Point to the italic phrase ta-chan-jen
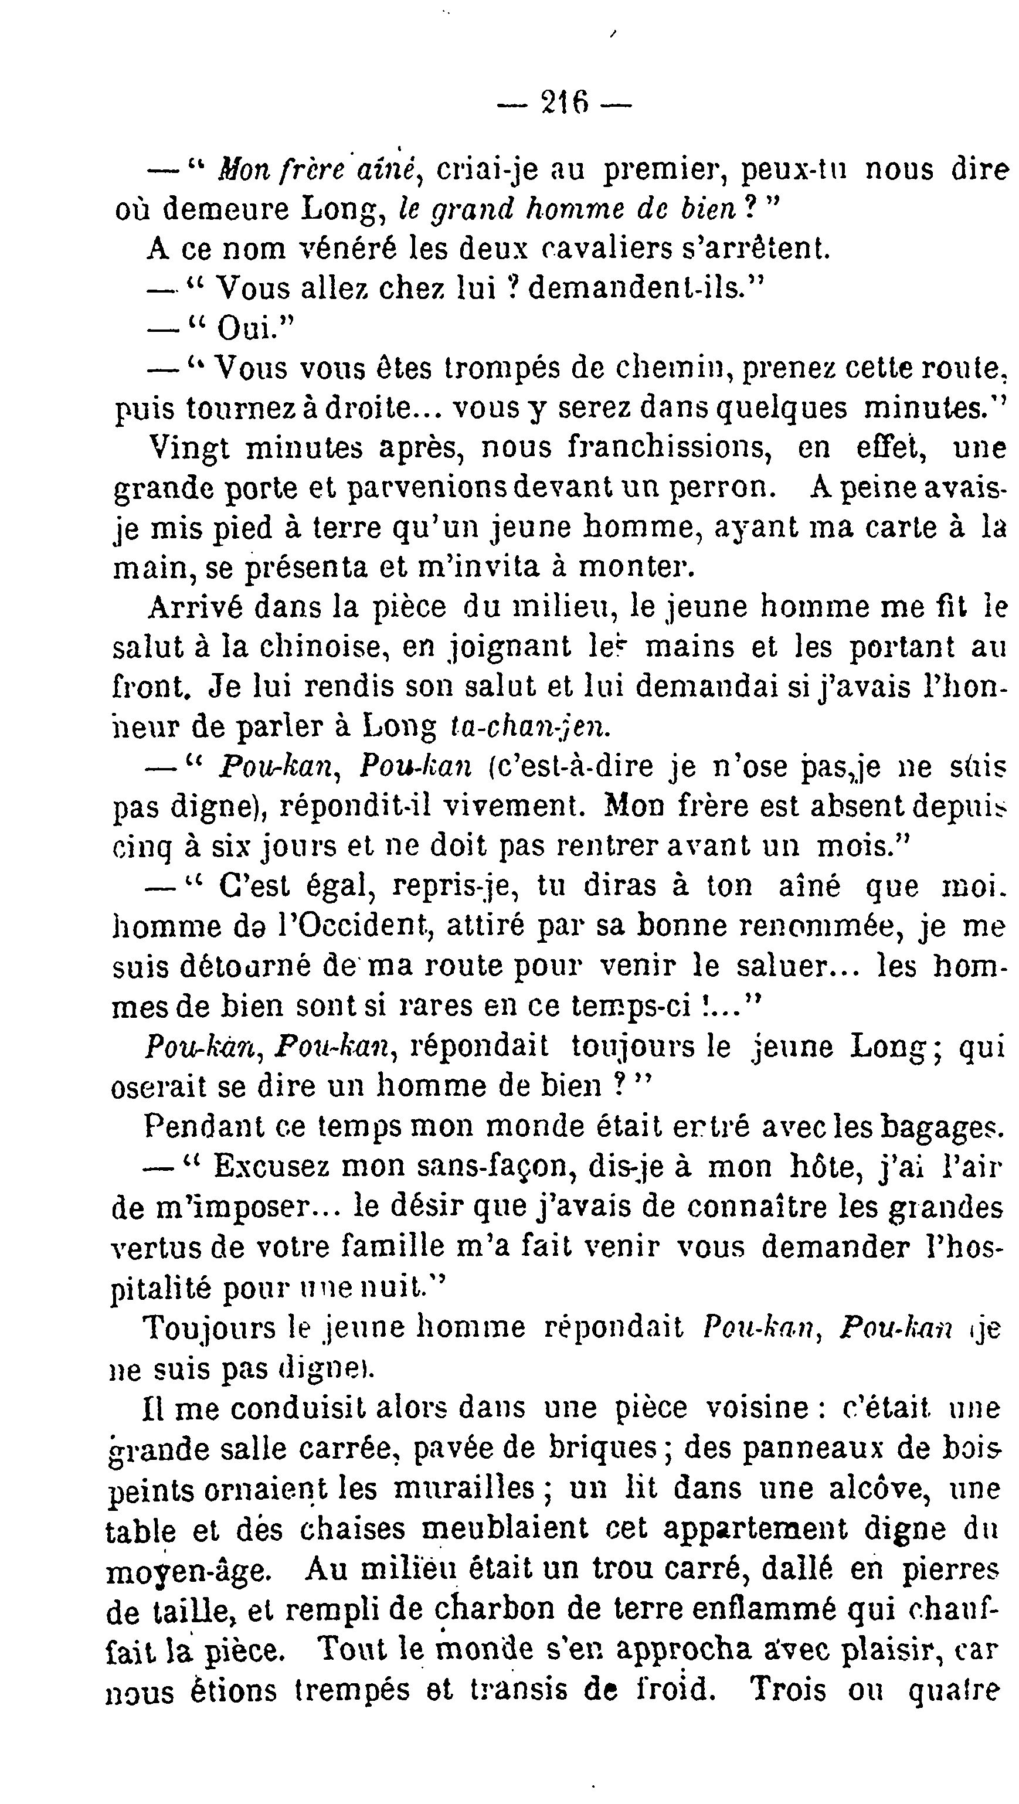click(x=529, y=728)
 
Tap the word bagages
click(x=940, y=1127)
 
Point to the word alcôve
click(x=879, y=1489)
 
